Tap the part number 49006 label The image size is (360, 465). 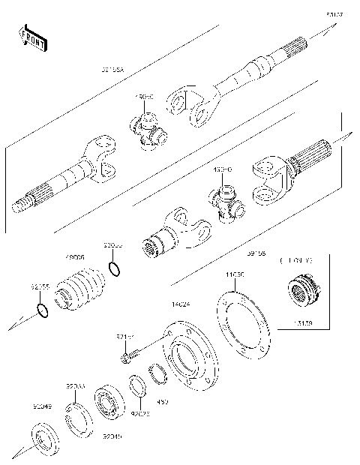[x=75, y=256]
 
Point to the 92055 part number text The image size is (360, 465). [x=40, y=286]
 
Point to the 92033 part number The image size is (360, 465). [x=75, y=385]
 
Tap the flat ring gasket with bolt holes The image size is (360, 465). [x=241, y=322]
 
